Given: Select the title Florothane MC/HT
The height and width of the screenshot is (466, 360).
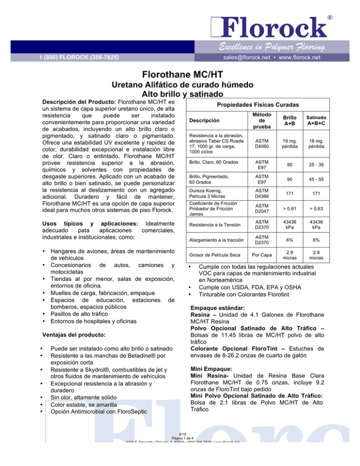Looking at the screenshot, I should (180, 74).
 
